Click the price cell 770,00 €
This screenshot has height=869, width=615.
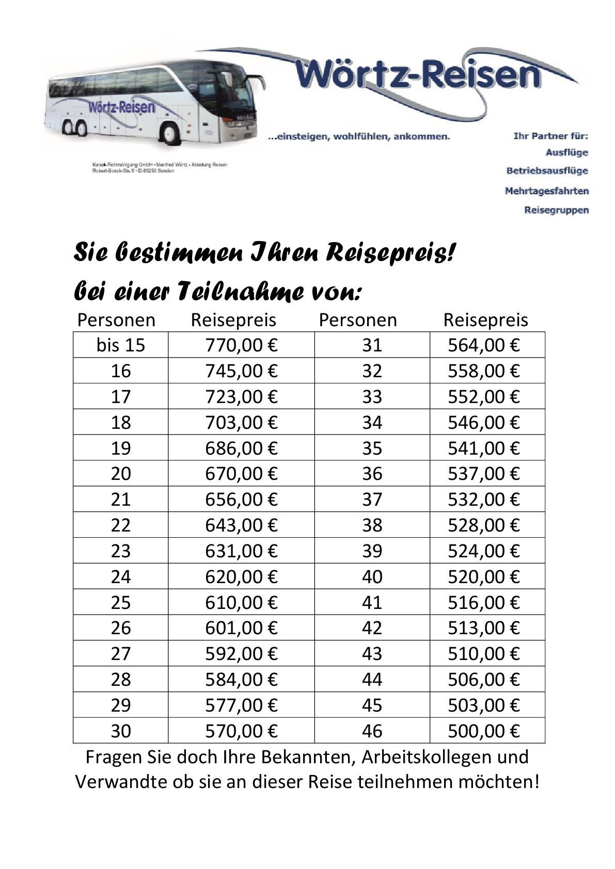coord(241,345)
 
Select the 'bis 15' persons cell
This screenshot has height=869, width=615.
coord(121,345)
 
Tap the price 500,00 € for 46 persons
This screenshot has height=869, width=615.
coord(483,731)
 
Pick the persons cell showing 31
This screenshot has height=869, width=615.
coord(372,345)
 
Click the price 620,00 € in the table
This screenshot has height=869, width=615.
coord(241,576)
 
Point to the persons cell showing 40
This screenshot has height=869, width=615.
coord(372,576)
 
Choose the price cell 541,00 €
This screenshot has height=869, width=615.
coord(483,448)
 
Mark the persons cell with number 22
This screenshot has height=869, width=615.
coord(121,525)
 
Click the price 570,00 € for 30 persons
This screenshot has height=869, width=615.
coord(241,731)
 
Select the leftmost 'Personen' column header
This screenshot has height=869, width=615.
coord(116,320)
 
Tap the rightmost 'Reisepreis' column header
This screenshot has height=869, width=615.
coord(485,320)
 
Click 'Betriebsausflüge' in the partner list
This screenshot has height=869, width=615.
coord(547,171)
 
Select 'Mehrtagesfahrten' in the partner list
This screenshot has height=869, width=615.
coord(546,191)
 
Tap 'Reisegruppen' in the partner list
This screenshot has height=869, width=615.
coord(556,210)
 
